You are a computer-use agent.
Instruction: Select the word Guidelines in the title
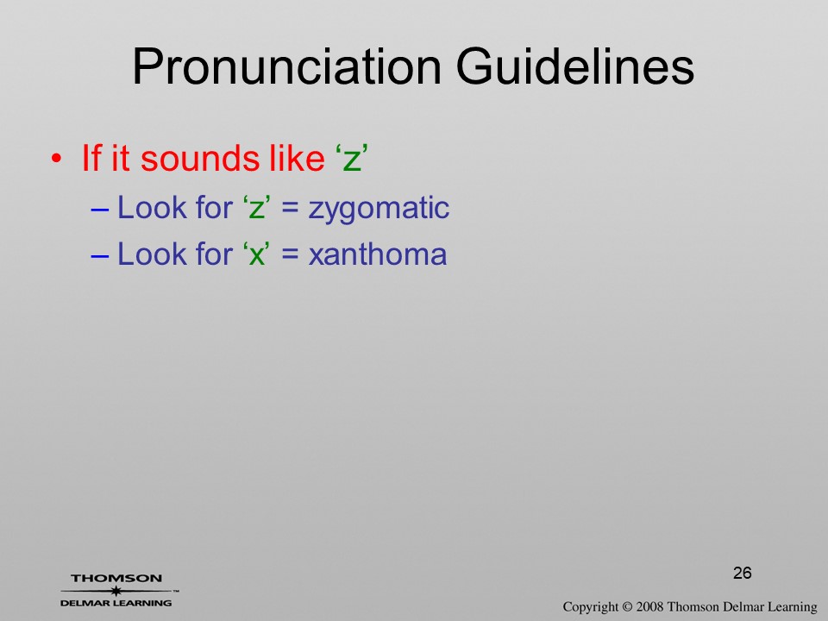[x=575, y=66]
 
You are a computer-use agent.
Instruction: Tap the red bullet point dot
[x=56, y=159]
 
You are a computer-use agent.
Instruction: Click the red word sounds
[x=201, y=158]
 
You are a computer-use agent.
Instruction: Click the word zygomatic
[x=379, y=209]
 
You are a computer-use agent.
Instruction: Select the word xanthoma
[x=378, y=254]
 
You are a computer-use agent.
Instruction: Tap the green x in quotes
[x=256, y=256]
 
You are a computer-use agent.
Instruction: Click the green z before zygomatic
[x=256, y=209]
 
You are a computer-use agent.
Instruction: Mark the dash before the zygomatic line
[x=100, y=209]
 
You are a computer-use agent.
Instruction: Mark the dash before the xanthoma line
[x=100, y=255]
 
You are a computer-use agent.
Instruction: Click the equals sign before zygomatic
[x=290, y=209]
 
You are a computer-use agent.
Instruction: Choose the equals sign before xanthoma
[x=290, y=255]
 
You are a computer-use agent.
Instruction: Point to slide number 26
[x=743, y=573]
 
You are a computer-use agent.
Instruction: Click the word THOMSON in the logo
[x=116, y=578]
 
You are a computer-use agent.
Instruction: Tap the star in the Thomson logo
[x=116, y=591]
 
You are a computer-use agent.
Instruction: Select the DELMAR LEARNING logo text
[x=116, y=603]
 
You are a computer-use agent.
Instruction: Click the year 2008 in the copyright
[x=649, y=606]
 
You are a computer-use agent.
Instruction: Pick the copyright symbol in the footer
[x=627, y=606]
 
